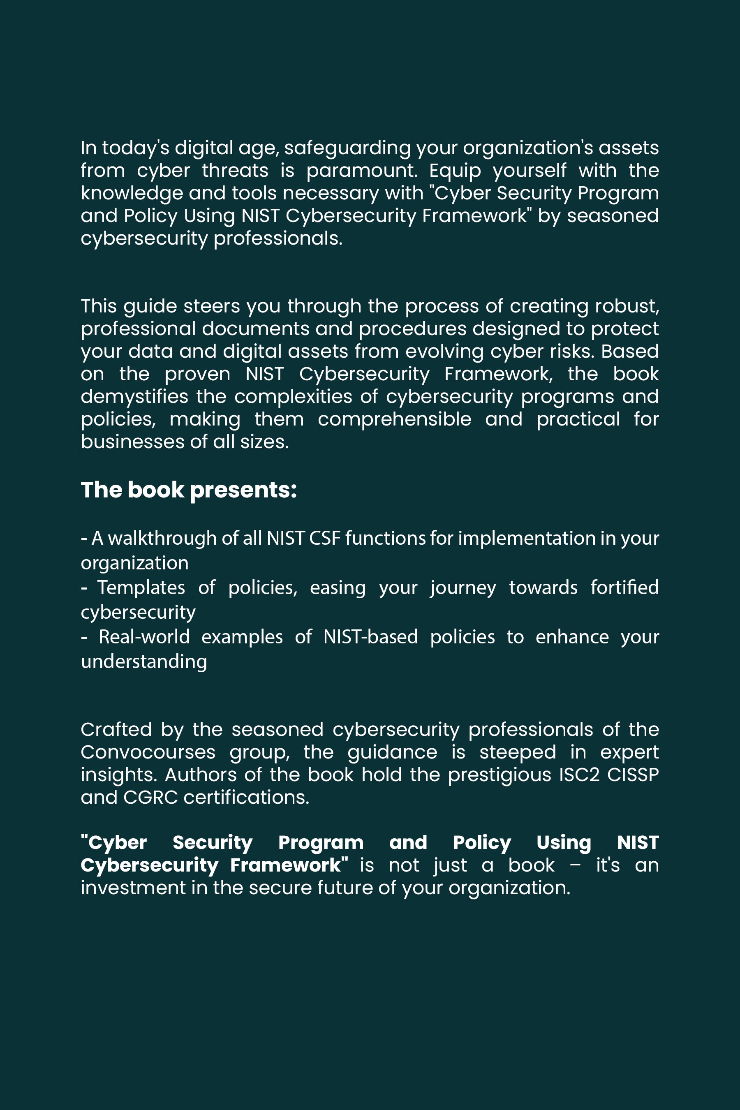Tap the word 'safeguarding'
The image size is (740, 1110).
pyautogui.click(x=347, y=148)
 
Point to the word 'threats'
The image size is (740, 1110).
pyautogui.click(x=235, y=170)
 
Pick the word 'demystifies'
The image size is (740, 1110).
pyautogui.click(x=134, y=397)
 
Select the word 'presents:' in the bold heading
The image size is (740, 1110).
pyautogui.click(x=243, y=490)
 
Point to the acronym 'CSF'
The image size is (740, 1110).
pyautogui.click(x=325, y=539)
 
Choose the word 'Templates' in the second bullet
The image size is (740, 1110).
pyautogui.click(x=141, y=587)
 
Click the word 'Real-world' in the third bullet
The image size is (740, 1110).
pyautogui.click(x=144, y=637)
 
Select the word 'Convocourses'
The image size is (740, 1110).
pyautogui.click(x=148, y=752)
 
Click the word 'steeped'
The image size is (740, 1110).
pyautogui.click(x=518, y=752)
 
